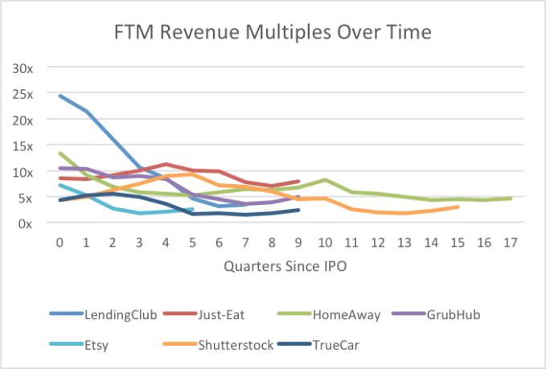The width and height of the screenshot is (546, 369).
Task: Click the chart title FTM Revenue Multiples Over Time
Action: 273,32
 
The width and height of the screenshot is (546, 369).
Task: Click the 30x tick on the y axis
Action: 23,68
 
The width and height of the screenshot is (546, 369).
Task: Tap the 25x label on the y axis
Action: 23,93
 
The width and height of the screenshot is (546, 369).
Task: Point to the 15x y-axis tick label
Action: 23,146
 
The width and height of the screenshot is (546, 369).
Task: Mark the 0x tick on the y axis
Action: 27,223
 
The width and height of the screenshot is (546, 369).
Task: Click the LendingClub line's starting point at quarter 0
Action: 60,96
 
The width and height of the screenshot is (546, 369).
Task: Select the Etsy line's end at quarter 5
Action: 191,209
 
